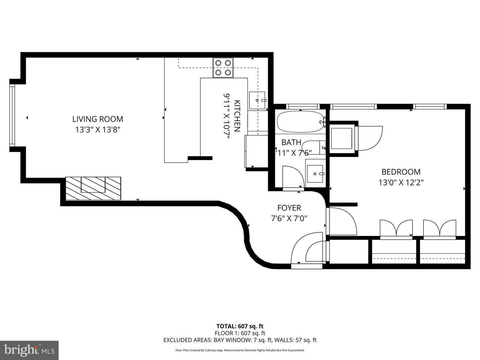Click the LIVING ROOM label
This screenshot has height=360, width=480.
(98, 119)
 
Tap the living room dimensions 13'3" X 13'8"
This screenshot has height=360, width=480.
(97, 130)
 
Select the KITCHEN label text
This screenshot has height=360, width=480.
(237, 116)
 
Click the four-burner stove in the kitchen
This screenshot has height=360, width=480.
(223, 68)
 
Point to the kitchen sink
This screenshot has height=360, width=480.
(257, 100)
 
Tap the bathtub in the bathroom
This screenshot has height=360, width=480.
(300, 122)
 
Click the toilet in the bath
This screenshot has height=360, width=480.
(313, 147)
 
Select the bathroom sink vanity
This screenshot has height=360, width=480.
(315, 174)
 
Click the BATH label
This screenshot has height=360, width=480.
(291, 142)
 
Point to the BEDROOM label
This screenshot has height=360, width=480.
(401, 172)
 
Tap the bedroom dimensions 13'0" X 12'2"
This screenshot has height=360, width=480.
(401, 183)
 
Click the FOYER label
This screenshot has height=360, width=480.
(289, 208)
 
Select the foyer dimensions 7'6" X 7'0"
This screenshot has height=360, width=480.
(289, 219)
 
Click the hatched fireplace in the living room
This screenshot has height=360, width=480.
(93, 188)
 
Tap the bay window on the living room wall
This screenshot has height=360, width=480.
(12, 116)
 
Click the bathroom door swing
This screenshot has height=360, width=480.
(293, 177)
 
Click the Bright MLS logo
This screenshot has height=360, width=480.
(29, 350)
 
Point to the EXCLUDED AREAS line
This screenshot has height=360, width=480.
(240, 340)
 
